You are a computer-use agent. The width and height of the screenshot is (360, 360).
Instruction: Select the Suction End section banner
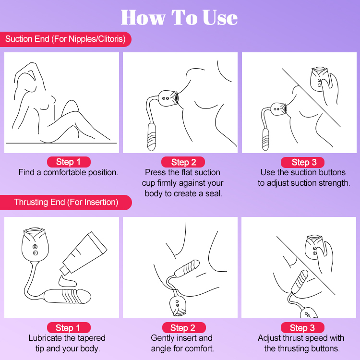coord(65,39)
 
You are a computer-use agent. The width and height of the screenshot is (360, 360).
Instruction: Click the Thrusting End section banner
coord(66,202)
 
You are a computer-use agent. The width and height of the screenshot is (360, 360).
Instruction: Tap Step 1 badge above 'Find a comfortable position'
coord(68,162)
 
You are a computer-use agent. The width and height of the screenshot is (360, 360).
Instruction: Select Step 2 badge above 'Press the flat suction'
coord(182,162)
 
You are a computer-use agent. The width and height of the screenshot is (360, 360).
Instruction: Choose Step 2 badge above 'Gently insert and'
coord(182,328)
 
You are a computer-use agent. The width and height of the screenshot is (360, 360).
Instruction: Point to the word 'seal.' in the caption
coord(213,193)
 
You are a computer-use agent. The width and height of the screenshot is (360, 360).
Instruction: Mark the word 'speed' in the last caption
coord(307,338)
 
